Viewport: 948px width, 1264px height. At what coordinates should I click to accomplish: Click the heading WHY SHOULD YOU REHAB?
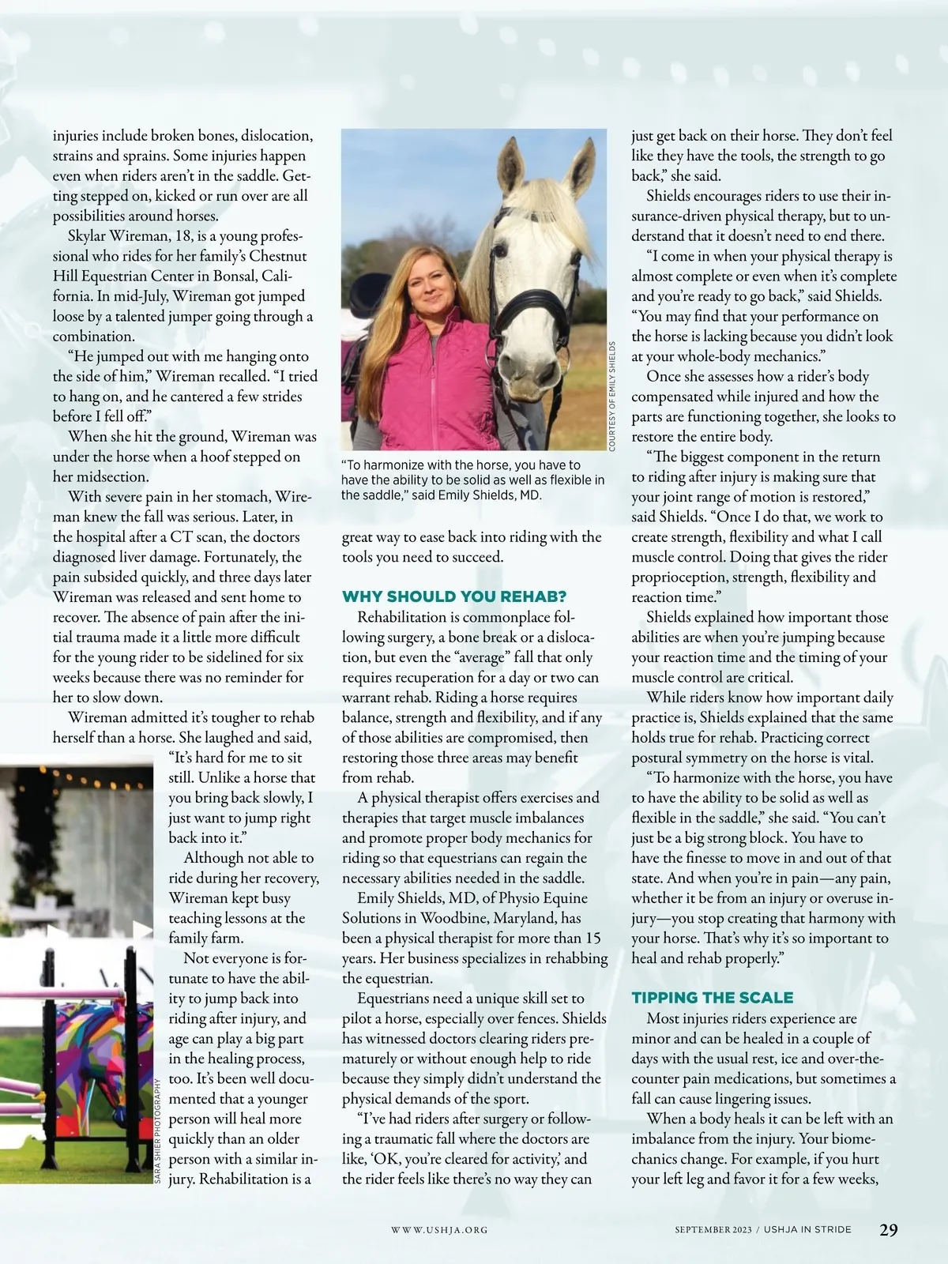point(454,596)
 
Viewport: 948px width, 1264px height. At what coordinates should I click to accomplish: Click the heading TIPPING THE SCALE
point(713,998)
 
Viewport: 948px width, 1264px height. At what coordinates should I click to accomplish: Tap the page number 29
point(888,1229)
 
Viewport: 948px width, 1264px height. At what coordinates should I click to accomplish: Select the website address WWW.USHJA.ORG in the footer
point(439,1230)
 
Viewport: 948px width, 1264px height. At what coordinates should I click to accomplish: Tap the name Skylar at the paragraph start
point(91,236)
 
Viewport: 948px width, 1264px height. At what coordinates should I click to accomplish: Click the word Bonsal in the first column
point(235,276)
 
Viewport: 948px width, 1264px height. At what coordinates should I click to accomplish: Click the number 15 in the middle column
point(592,938)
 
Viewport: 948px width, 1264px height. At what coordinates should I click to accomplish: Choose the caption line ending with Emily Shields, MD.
point(441,495)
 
